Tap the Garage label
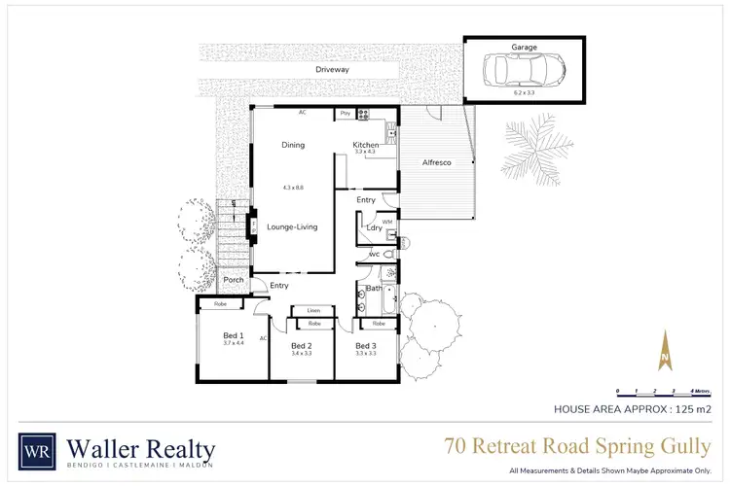(x=524, y=47)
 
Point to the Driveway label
(x=332, y=70)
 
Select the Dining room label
(x=293, y=145)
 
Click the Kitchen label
(x=366, y=145)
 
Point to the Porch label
(x=234, y=280)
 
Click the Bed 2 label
(x=301, y=346)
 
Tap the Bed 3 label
(x=365, y=346)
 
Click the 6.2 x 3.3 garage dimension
(x=524, y=93)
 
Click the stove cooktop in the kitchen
(x=364, y=114)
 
